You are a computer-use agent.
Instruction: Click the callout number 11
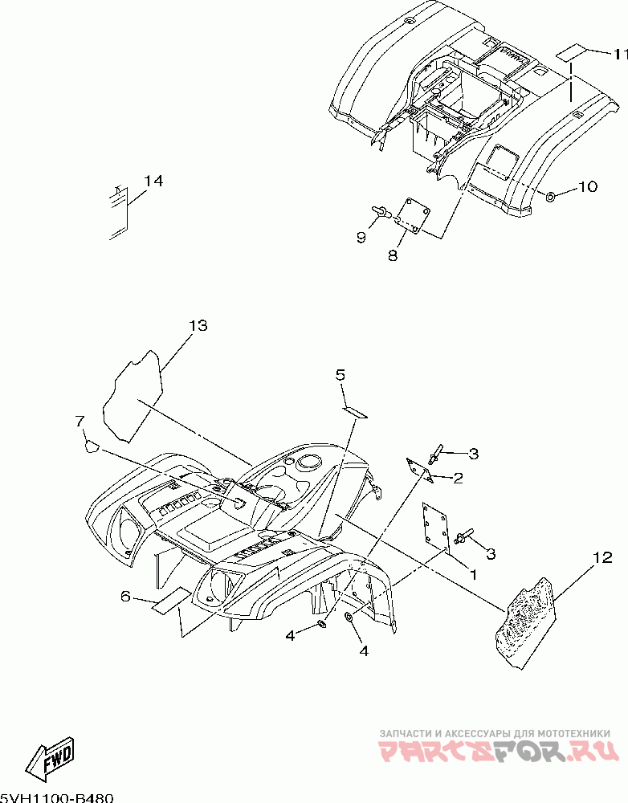(x=618, y=55)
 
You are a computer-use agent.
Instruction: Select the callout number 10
(x=587, y=187)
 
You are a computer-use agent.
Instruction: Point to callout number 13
(x=198, y=325)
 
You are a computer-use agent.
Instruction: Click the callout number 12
(x=603, y=556)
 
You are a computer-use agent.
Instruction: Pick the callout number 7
(x=80, y=421)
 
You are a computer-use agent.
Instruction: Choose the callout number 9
(x=361, y=238)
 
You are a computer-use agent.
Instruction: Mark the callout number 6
(x=124, y=596)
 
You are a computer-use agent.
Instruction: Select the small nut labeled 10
(x=550, y=197)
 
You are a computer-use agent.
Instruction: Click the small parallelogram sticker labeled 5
(x=354, y=411)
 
